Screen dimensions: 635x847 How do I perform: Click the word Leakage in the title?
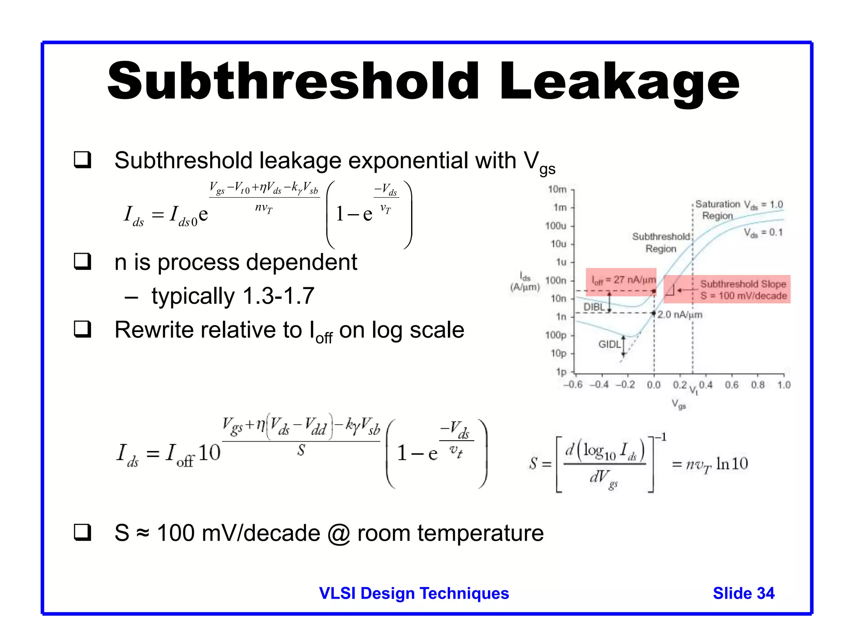pos(619,82)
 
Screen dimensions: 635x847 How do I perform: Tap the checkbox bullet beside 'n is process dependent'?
pos(82,261)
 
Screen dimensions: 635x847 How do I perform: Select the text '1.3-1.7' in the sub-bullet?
pos(278,296)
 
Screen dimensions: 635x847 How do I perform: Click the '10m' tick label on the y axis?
pos(557,189)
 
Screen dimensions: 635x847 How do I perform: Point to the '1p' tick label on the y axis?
pos(561,372)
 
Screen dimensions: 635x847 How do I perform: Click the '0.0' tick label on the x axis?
pos(653,385)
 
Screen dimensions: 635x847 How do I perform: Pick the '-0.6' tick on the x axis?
pos(573,385)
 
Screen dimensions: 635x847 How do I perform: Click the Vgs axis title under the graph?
pos(679,404)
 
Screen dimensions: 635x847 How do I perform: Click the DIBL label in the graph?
pos(594,307)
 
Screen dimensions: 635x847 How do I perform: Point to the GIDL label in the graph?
pos(609,344)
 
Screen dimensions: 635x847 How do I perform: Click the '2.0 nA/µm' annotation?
pos(680,315)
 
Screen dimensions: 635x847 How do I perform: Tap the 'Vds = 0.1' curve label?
pos(763,233)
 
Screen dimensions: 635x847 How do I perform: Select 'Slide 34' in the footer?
pos(743,593)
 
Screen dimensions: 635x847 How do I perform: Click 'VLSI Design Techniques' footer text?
pos(414,593)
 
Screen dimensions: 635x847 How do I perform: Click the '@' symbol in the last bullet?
pos(338,533)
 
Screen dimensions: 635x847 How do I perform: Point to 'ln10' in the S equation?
pos(732,464)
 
